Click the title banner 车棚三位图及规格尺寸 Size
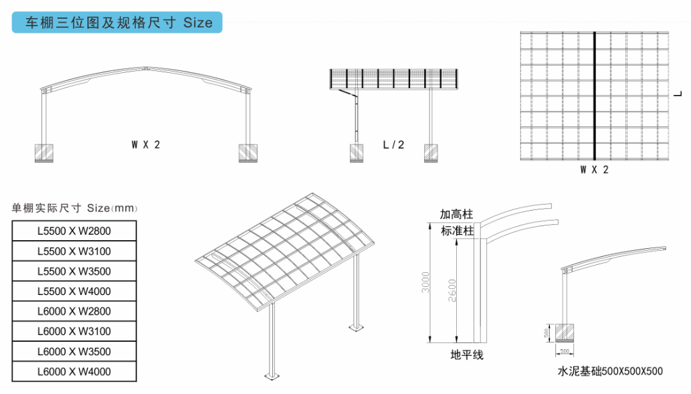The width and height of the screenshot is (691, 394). [118, 22]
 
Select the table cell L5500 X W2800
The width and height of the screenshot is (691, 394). [74, 231]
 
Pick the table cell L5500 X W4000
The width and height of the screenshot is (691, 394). [74, 291]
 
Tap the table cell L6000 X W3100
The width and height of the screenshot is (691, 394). [74, 331]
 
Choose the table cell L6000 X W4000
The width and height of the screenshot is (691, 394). [74, 371]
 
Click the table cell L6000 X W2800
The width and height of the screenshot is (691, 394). [74, 311]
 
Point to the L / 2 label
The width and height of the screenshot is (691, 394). [393, 144]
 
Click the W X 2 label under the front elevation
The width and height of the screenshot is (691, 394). [146, 144]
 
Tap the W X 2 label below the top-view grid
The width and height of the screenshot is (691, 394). [595, 170]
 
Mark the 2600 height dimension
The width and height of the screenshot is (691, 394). [452, 290]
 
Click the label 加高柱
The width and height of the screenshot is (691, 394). [456, 215]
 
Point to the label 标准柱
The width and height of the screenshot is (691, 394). [457, 231]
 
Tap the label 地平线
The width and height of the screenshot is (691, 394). [467, 355]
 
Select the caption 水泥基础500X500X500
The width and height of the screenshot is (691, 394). [610, 371]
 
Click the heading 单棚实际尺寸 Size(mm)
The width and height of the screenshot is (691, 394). [74, 208]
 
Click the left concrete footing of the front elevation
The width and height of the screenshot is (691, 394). [45, 153]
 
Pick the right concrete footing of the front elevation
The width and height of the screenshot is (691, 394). [248, 153]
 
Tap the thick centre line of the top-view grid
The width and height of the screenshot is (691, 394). [595, 95]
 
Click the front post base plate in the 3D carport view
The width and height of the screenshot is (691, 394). [272, 377]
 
